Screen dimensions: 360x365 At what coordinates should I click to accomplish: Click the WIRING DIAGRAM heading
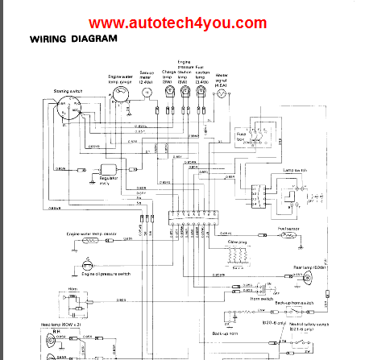[x=73, y=38]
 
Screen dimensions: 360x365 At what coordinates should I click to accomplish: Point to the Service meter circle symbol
[x=147, y=93]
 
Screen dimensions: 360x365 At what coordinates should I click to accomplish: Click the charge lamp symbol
[x=169, y=93]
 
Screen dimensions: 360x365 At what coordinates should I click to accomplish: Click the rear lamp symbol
[x=308, y=278]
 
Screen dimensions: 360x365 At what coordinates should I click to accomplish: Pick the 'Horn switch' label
[x=262, y=297]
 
